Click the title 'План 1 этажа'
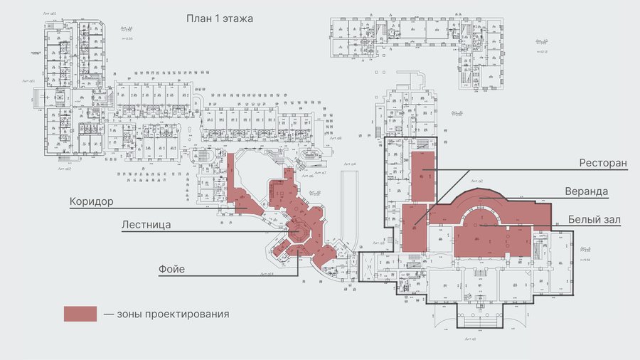[x=219, y=18]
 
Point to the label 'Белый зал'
[x=594, y=220]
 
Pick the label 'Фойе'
[x=172, y=269]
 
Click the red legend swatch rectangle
[x=80, y=314]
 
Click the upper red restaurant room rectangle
[x=422, y=174]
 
